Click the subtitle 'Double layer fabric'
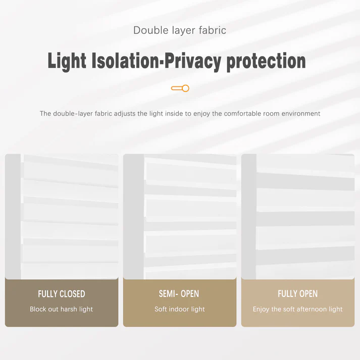click(180, 30)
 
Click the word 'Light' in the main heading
click(68, 61)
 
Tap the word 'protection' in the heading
click(266, 61)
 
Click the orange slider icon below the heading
click(180, 88)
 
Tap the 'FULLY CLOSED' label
click(62, 294)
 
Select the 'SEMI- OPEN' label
click(179, 294)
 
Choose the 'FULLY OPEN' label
click(298, 294)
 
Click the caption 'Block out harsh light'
click(62, 309)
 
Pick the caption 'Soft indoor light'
click(180, 309)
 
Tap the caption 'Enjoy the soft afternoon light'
click(298, 309)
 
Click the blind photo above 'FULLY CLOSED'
click(62, 216)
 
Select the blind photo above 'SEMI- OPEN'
click(180, 216)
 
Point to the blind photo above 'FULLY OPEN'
click(298, 216)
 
